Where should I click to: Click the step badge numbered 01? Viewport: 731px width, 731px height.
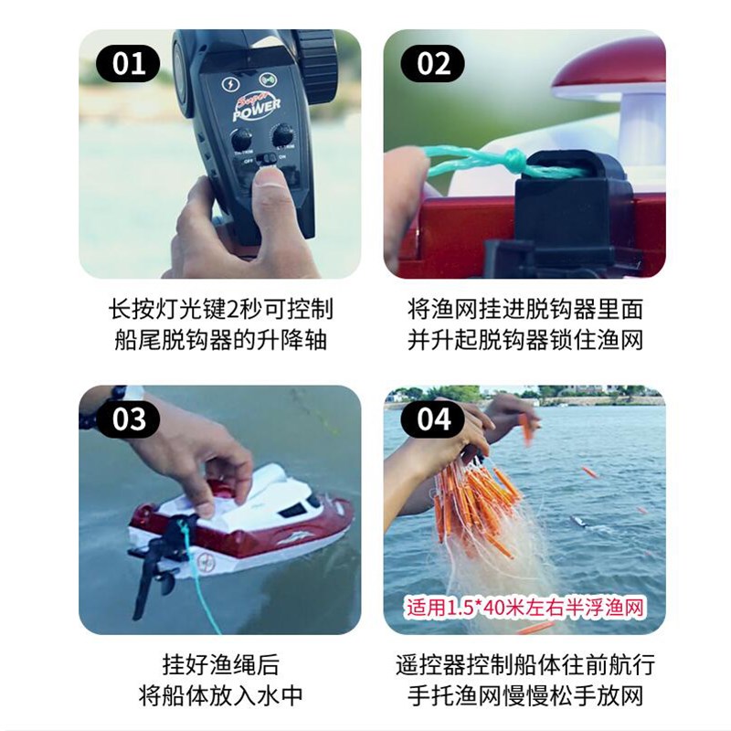[x=129, y=64]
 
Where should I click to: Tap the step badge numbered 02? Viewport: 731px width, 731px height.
[x=434, y=64]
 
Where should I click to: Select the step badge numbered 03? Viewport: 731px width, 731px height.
[x=129, y=418]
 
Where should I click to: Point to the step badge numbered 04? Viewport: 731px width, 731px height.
[x=434, y=418]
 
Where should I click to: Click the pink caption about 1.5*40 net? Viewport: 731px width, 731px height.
[x=524, y=606]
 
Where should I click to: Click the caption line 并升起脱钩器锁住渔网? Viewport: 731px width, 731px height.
[x=524, y=340]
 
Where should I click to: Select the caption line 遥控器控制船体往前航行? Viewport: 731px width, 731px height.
[x=524, y=662]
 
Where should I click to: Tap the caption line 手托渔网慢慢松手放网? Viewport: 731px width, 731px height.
[x=524, y=695]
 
